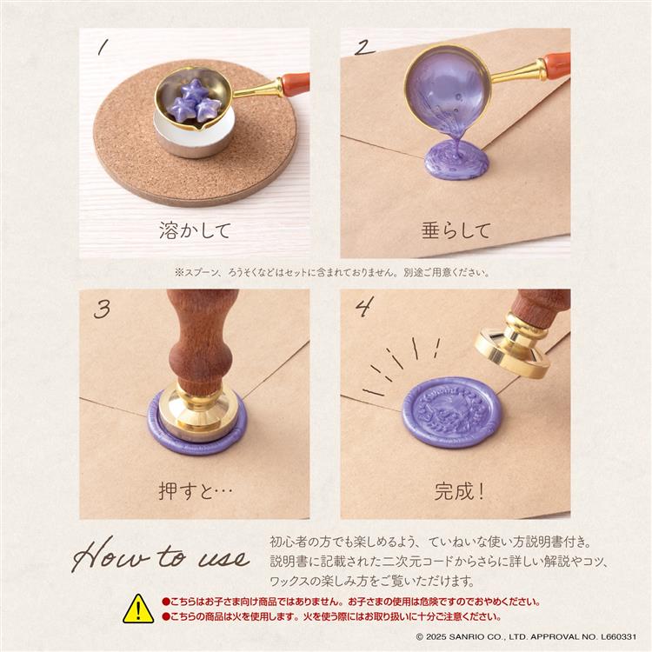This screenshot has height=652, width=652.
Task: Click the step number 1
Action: [x=103, y=49]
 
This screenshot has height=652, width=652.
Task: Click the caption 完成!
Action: [x=459, y=491]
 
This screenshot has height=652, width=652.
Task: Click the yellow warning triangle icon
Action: [x=137, y=609]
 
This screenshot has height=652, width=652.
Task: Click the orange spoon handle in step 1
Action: [x=294, y=84]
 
